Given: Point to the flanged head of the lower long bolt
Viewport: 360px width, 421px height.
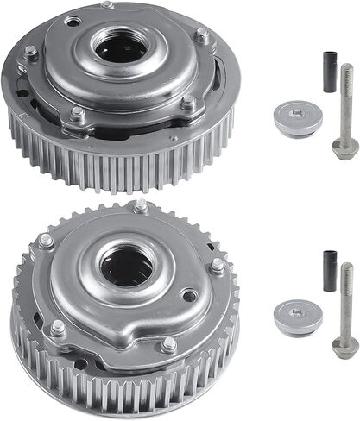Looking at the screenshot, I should (x=344, y=346).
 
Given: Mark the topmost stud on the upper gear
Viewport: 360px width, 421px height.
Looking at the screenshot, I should (x=106, y=5).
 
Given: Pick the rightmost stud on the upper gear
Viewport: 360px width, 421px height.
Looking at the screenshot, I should (x=201, y=35).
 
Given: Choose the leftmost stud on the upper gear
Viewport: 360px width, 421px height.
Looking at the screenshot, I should (x=31, y=52).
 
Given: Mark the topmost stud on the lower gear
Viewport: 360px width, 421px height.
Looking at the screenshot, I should (x=141, y=205).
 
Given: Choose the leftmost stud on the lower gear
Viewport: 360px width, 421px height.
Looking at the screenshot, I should (x=45, y=241).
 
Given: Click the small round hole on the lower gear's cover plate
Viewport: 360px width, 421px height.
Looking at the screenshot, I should (x=187, y=296).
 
